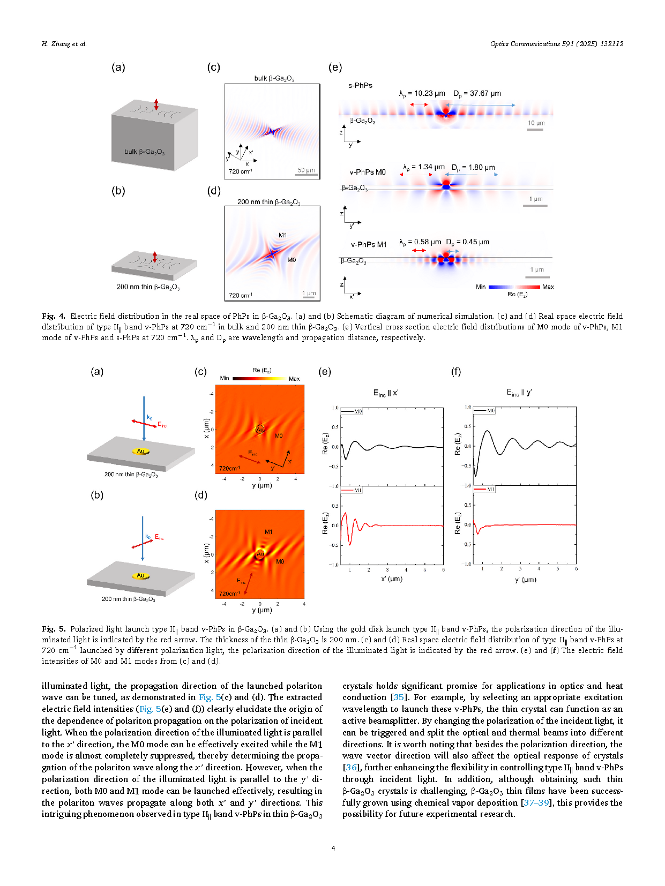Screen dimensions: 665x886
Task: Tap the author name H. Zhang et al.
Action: [64, 43]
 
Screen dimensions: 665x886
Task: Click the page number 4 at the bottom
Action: [333, 848]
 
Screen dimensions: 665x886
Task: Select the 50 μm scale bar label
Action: [306, 170]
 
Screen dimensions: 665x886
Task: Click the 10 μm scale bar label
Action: [536, 123]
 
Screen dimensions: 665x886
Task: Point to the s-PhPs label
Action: [360, 85]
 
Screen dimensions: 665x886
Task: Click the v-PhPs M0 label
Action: [368, 172]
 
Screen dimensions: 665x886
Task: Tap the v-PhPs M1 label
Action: [368, 244]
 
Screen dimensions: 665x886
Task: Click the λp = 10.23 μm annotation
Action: [422, 94]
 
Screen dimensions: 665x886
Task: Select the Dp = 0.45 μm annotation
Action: [468, 242]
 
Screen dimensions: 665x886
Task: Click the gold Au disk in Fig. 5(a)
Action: [141, 451]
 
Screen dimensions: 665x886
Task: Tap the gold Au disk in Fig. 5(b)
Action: [140, 575]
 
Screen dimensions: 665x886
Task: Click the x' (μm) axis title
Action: [391, 579]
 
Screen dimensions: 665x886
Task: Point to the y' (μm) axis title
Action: [525, 580]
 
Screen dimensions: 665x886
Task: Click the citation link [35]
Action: [398, 697]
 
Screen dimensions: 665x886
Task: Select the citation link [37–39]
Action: [536, 802]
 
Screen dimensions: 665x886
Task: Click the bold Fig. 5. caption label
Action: [53, 629]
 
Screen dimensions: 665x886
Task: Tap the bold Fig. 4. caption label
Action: [53, 316]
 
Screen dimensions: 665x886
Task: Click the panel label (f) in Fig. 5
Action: [455, 371]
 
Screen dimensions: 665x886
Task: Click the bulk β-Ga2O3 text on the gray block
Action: [144, 152]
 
